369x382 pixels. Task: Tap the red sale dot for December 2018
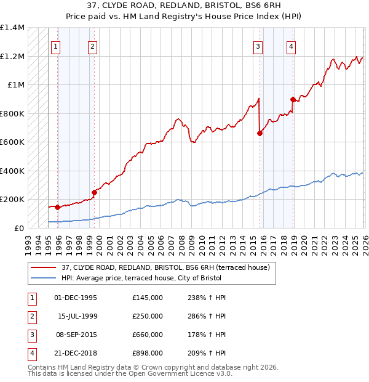293,99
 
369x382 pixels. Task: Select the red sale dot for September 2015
260,133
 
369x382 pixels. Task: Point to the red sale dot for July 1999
94,192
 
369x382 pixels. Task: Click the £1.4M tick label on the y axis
12,28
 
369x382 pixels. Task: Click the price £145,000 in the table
148,298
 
